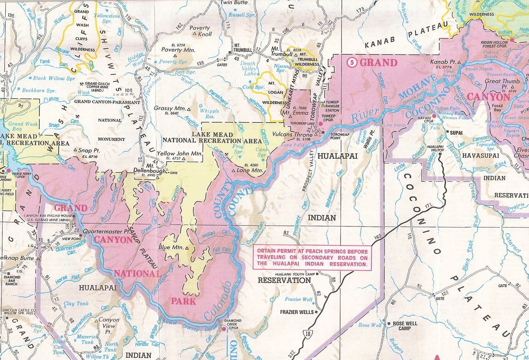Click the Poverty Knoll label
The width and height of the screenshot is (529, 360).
click(x=200, y=31)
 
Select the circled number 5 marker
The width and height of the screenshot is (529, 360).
click(x=352, y=62)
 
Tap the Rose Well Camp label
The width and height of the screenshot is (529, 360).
click(x=404, y=326)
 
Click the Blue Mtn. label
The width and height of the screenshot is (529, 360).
click(x=169, y=247)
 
